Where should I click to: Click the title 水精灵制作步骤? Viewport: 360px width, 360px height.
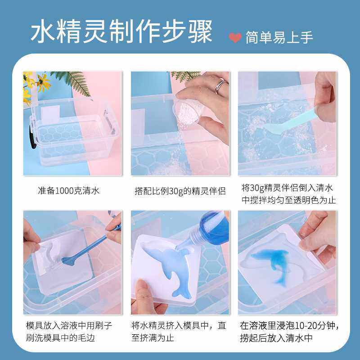point(121,31)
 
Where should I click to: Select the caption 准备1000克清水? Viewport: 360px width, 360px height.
point(68,190)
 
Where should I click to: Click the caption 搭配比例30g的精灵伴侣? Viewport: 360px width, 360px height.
point(180,190)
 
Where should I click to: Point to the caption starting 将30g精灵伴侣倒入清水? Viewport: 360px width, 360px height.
point(287,193)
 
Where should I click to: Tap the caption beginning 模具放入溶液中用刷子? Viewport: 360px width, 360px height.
point(68,331)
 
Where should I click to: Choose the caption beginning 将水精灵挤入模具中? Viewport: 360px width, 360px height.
point(179,331)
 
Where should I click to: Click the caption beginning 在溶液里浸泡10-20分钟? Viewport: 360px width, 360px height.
point(287,331)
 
